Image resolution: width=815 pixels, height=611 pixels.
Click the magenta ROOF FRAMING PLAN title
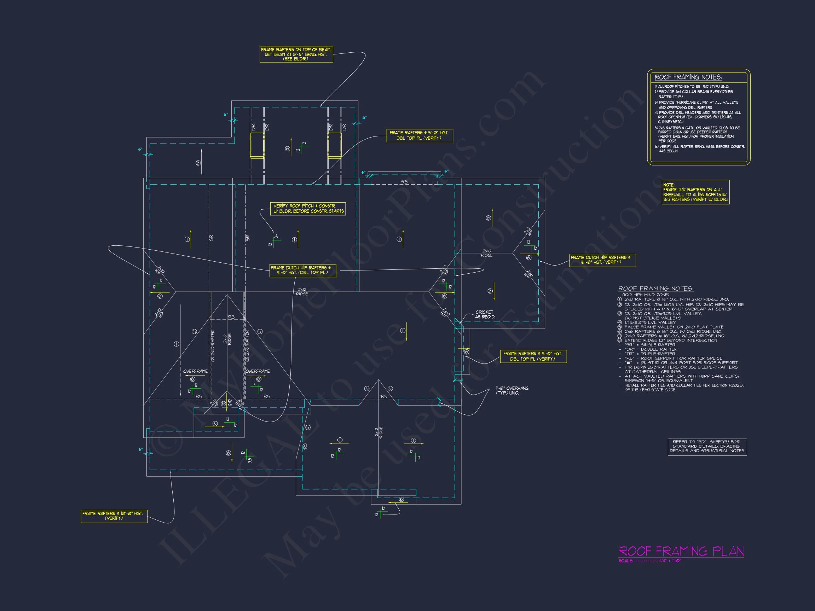681,551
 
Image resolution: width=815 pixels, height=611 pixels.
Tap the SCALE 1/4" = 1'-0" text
650,561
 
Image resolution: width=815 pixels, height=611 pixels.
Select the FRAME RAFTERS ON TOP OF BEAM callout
296,54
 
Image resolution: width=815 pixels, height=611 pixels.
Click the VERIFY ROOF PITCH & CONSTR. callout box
308,209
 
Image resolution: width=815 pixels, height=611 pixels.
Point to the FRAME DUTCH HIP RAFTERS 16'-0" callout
602,260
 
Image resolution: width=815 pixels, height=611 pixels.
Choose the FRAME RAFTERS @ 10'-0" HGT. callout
114,516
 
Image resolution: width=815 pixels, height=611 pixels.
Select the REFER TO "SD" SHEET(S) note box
707,446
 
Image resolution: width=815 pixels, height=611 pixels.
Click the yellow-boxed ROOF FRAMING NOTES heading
688,77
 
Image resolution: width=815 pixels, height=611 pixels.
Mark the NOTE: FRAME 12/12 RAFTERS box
695,192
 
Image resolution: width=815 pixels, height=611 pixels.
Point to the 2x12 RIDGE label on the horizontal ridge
302,292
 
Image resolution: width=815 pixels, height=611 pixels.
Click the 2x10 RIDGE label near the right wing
486,253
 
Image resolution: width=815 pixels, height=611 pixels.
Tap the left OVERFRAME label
195,371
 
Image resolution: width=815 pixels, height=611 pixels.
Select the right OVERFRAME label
257,371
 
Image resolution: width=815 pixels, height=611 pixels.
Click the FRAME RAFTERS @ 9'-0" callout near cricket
533,356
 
